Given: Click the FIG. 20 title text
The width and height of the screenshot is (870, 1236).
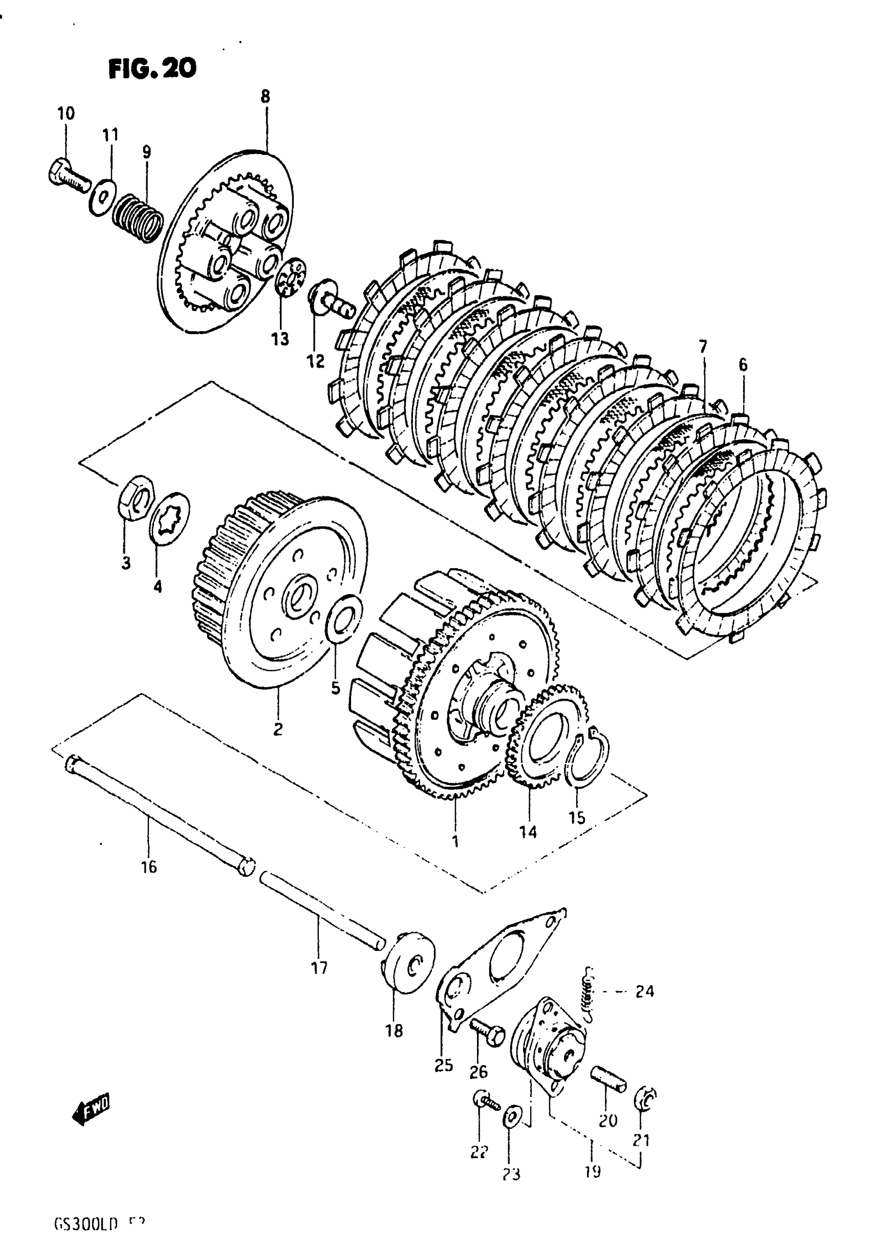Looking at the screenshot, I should point(153,69).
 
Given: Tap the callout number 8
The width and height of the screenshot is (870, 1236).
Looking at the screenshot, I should point(265,97).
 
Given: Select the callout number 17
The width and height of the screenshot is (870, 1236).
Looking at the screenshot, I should point(319,969).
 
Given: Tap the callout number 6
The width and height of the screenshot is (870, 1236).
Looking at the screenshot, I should point(743,365).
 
